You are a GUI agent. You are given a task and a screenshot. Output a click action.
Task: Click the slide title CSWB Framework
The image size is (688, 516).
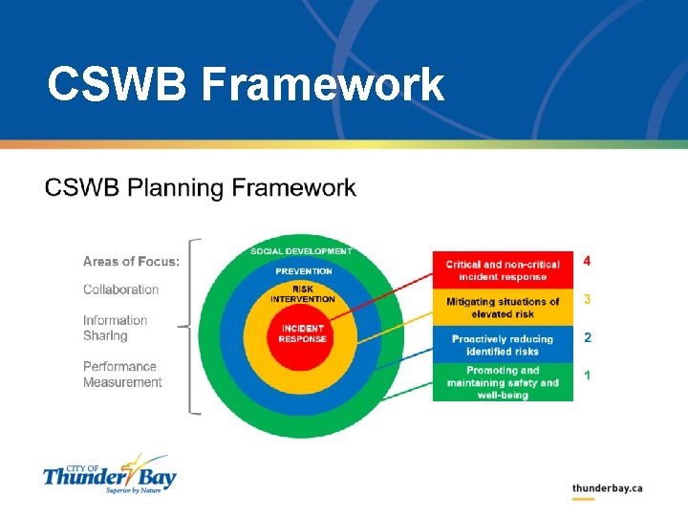coord(246,84)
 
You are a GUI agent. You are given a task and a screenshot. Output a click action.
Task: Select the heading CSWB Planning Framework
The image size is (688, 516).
coord(200,187)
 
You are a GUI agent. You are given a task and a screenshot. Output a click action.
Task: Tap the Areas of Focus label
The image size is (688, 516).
coord(131,261)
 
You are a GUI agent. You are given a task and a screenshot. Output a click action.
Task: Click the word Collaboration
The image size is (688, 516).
coord(120,290)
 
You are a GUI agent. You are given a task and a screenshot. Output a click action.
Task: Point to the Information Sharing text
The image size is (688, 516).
coord(115,328)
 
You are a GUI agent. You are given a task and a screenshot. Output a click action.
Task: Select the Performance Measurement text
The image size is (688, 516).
coord(122,374)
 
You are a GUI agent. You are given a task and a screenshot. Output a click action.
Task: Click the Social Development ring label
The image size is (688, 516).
coord(301,251)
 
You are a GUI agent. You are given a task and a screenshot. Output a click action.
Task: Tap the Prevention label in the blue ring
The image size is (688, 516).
coord(304,271)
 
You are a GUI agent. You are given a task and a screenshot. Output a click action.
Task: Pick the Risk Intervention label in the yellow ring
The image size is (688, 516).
coord(303,293)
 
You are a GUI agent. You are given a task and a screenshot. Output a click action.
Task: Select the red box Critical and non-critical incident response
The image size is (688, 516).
coord(503,270)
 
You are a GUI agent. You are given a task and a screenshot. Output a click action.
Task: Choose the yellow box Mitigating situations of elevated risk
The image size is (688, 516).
coord(503,308)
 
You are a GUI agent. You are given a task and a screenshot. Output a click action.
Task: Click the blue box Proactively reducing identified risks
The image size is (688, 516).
coord(503,345)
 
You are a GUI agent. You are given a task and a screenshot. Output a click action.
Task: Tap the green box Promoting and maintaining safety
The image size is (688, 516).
coord(503,382)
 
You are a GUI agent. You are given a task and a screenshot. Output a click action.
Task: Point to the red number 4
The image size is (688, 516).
coord(587,261)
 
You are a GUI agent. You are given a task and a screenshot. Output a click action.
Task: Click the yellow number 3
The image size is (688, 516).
coord(587,299)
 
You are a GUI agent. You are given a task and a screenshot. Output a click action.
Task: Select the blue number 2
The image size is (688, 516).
coord(587,337)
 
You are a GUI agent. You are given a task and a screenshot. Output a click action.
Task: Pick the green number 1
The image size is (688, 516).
coord(587,376)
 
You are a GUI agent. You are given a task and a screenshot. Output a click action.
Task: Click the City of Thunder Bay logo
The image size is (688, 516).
coord(109,473)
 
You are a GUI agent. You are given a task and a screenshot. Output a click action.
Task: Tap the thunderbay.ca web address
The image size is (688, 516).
coord(607,488)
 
